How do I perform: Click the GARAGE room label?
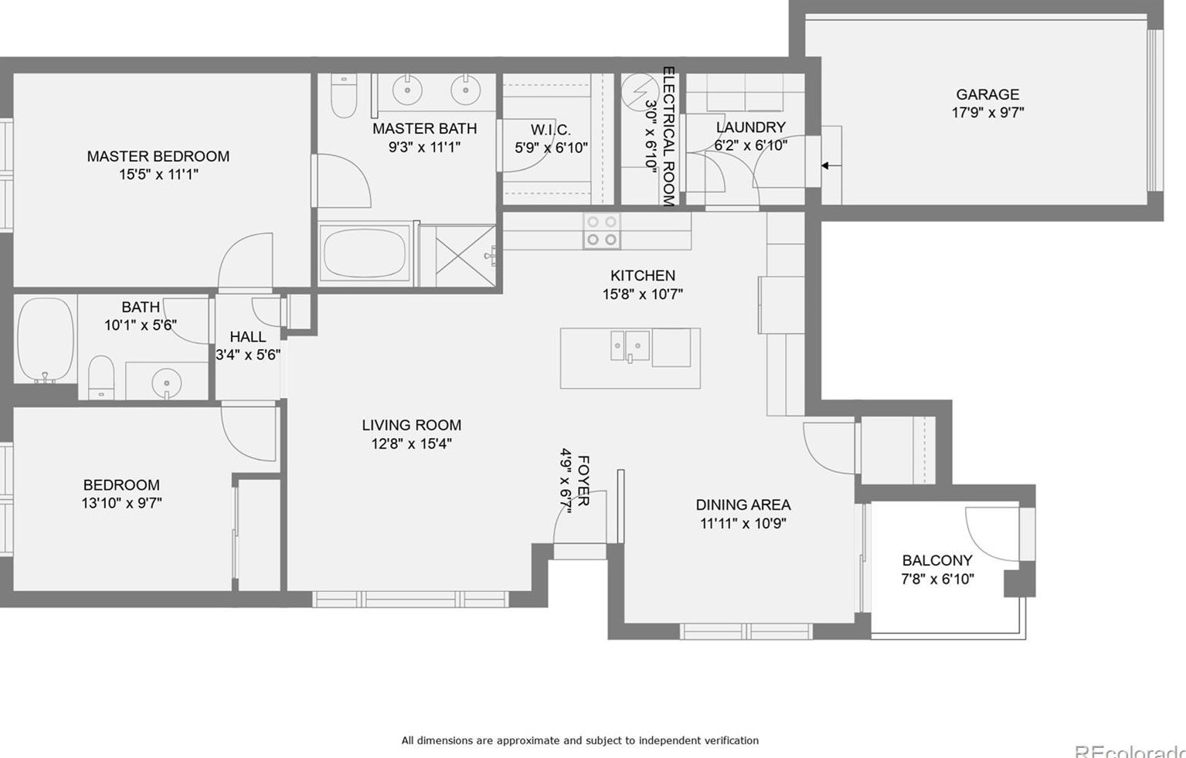987,94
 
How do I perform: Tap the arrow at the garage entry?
831,165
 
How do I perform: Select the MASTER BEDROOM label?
158,156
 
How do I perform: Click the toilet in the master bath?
343,96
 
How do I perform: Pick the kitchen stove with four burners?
601,230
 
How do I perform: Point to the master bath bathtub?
365,254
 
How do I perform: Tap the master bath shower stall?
465,255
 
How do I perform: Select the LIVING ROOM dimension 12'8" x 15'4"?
411,444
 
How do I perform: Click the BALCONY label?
936,560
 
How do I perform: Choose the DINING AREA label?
743,505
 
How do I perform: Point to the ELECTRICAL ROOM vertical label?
668,136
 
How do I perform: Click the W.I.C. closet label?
550,130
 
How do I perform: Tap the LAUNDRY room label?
750,127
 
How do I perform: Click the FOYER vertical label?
583,481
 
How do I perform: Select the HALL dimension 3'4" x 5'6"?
247,355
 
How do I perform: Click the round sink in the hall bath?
165,382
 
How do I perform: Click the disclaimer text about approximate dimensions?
579,740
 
